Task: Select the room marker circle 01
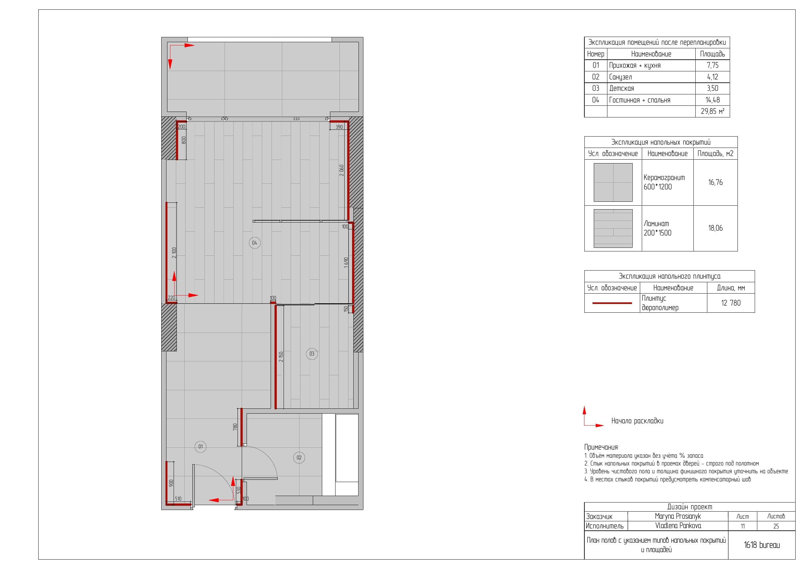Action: (201, 447)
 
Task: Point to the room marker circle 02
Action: (299, 457)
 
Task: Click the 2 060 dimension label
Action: (341, 170)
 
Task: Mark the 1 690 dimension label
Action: (346, 262)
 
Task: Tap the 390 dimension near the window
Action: (339, 127)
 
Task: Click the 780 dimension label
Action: (235, 427)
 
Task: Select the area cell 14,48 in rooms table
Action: (713, 100)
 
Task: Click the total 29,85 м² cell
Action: (713, 112)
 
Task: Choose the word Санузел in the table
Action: (621, 77)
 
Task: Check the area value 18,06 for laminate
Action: (715, 228)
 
